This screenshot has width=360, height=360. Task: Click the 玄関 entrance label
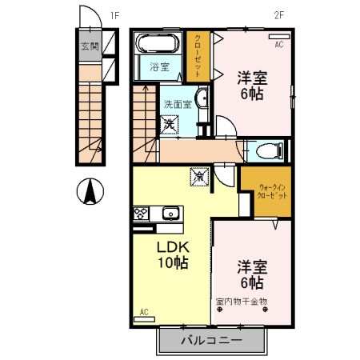point(89,46)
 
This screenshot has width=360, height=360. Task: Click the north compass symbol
point(90,191)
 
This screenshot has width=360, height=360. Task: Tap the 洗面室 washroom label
point(178,104)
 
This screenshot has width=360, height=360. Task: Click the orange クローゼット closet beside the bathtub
point(198,54)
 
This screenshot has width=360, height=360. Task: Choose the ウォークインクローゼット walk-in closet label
point(268,194)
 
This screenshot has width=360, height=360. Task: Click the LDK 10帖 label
point(171,254)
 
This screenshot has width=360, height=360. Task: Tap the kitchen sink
point(170,213)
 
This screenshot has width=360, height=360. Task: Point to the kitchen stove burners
point(140,214)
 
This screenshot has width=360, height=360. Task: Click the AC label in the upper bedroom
point(278,45)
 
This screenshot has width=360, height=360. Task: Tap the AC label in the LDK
point(144,311)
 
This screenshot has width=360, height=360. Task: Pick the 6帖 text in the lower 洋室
point(250,282)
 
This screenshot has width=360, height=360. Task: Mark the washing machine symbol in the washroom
point(170,124)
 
